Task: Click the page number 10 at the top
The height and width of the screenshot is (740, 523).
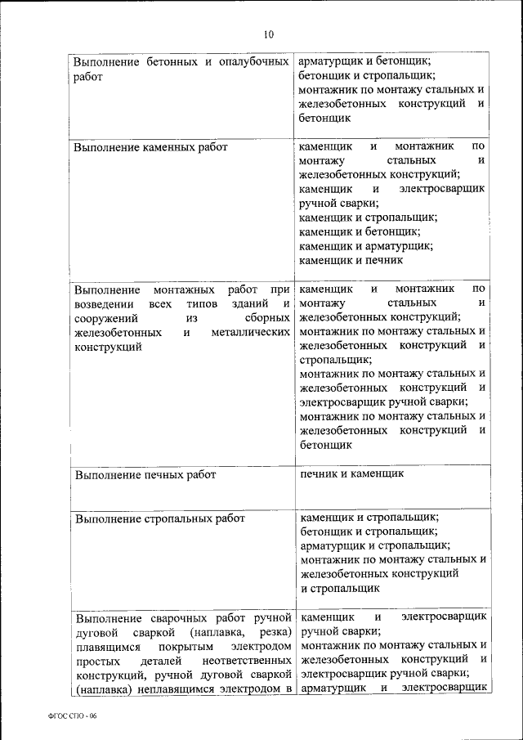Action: (269, 34)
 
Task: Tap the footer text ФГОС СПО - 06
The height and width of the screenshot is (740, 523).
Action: (72, 715)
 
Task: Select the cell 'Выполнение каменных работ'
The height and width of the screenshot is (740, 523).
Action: (150, 148)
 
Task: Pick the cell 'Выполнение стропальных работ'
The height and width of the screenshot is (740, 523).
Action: (159, 518)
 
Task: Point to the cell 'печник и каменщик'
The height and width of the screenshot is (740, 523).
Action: (351, 473)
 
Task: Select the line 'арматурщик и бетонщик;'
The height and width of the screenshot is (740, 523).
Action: (364, 61)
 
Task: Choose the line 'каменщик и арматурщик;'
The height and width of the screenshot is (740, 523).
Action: (366, 246)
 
